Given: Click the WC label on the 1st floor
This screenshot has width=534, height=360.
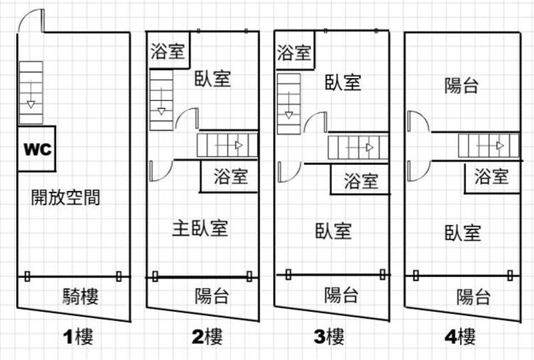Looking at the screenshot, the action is [37, 150].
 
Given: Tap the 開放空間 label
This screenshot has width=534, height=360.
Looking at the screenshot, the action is [65, 197].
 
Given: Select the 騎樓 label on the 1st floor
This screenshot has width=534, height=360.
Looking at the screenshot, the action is [80, 297].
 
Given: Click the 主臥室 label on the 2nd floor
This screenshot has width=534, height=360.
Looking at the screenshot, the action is [200, 228].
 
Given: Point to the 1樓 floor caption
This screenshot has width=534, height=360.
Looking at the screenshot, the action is [78, 337].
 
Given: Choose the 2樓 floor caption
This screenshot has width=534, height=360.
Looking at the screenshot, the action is [207, 337].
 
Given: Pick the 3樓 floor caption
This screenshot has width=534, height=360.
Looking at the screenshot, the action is [328, 337].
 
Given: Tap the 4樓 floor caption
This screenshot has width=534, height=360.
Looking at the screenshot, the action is [460, 337].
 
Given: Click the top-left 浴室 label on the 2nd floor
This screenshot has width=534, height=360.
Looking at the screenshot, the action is [168, 51].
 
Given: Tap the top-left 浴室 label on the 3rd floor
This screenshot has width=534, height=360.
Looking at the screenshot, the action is [294, 53].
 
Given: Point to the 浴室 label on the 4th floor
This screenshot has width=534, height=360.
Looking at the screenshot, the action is [491, 176].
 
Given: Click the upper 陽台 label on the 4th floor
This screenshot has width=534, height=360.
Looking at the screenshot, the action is [461, 85].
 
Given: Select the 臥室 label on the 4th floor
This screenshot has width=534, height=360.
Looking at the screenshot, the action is [463, 233].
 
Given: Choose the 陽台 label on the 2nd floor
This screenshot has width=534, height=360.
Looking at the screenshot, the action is [212, 296].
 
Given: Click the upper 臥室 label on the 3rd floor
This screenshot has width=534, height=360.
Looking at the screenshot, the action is [343, 83].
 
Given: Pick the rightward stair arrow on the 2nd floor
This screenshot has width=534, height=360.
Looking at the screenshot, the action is [229, 146].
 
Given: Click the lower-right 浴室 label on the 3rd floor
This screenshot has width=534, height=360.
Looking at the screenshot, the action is [361, 181].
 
